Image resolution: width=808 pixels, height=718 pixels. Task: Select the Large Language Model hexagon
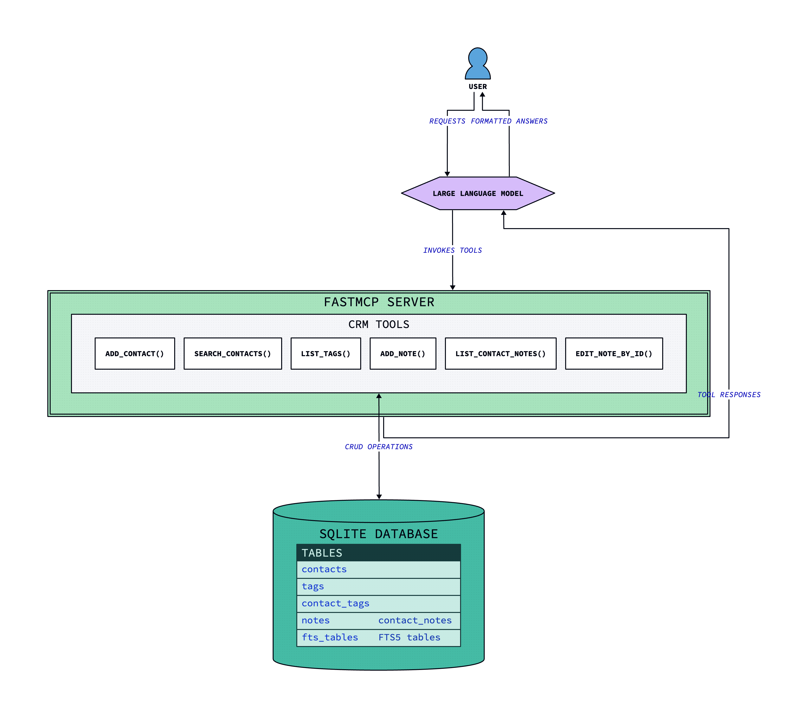(x=478, y=193)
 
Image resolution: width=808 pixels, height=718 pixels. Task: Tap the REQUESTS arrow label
(x=447, y=121)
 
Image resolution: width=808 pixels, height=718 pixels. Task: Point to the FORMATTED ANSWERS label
(x=509, y=121)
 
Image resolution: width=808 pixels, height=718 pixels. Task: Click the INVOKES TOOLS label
(x=452, y=250)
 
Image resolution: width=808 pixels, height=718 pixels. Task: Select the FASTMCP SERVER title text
(x=379, y=302)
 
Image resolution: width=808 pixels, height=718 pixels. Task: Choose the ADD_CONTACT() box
(x=135, y=354)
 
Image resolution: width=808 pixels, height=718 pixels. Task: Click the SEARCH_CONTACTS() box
(x=233, y=354)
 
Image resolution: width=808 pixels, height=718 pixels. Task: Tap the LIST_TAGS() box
(x=326, y=354)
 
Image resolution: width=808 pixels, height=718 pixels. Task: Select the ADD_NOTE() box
(x=403, y=354)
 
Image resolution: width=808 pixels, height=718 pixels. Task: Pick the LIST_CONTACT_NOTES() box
(x=501, y=354)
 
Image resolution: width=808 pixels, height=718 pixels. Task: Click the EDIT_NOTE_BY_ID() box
(x=614, y=354)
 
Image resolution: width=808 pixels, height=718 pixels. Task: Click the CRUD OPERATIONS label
(x=379, y=447)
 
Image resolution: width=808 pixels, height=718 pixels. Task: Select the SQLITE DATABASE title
(x=379, y=534)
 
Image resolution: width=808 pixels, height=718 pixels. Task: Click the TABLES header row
(x=379, y=553)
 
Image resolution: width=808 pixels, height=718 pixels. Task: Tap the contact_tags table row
(x=379, y=603)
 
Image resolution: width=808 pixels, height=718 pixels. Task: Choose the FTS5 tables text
(x=409, y=637)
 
